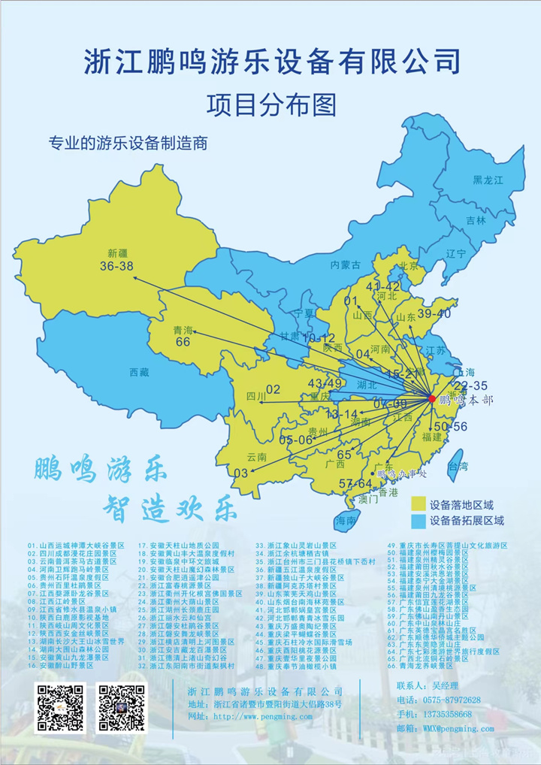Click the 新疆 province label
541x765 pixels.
click(x=119, y=252)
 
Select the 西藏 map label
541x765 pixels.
click(x=140, y=372)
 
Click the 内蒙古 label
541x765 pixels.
click(x=346, y=265)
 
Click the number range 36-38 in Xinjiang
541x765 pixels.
click(x=116, y=266)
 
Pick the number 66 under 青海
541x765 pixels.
click(x=183, y=343)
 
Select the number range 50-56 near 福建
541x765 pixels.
click(x=451, y=426)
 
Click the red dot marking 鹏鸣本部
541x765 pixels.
click(x=431, y=398)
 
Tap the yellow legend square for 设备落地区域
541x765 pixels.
click(x=419, y=504)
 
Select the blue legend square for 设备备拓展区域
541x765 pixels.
click(x=419, y=520)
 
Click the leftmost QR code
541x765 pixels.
click(x=61, y=708)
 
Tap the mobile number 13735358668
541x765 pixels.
click(x=447, y=714)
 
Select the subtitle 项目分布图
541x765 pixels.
click(x=271, y=103)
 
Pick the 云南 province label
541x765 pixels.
click(x=257, y=457)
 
